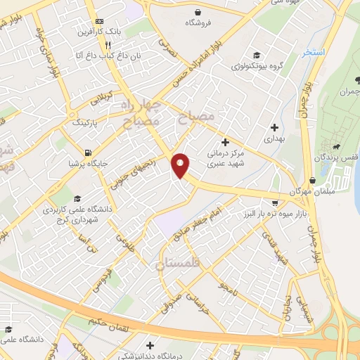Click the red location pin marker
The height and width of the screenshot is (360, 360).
(181, 165)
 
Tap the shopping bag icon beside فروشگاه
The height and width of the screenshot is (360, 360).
(199, 11)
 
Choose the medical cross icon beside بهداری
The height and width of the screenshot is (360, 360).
(274, 127)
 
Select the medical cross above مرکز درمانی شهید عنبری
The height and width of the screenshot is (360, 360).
(225, 142)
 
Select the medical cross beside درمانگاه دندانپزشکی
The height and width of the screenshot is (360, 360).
(150, 345)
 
